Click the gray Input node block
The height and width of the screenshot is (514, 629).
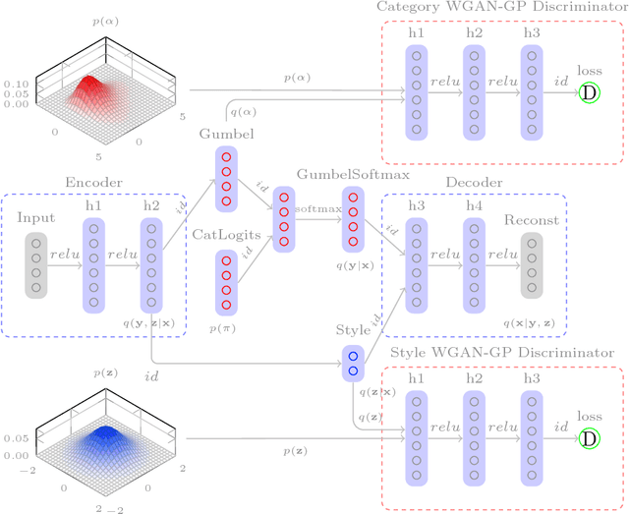point(36,263)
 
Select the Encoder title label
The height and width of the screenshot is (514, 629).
point(92,182)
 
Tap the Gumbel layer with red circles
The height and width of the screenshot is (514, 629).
point(226,179)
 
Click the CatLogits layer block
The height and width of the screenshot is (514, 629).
point(226,278)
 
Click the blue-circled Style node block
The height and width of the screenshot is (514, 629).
point(353,363)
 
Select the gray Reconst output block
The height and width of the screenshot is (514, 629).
point(531,263)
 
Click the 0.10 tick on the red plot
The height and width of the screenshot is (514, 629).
point(17,84)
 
